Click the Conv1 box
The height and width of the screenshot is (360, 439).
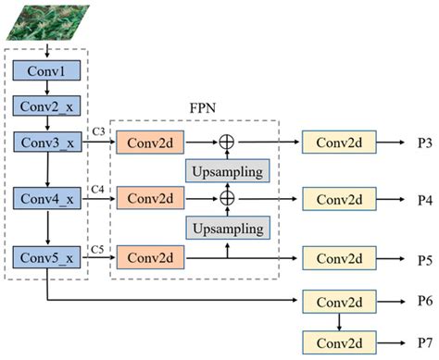click(47, 72)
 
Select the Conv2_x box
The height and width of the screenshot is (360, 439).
click(47, 107)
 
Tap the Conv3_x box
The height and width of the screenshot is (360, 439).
click(47, 143)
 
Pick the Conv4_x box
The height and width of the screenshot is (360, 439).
click(47, 198)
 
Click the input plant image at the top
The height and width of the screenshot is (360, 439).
click(46, 21)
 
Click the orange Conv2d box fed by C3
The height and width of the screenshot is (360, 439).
click(149, 143)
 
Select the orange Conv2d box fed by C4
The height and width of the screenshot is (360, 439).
click(149, 198)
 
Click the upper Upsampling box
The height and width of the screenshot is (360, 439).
click(227, 170)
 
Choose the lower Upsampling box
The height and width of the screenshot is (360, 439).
click(227, 227)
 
